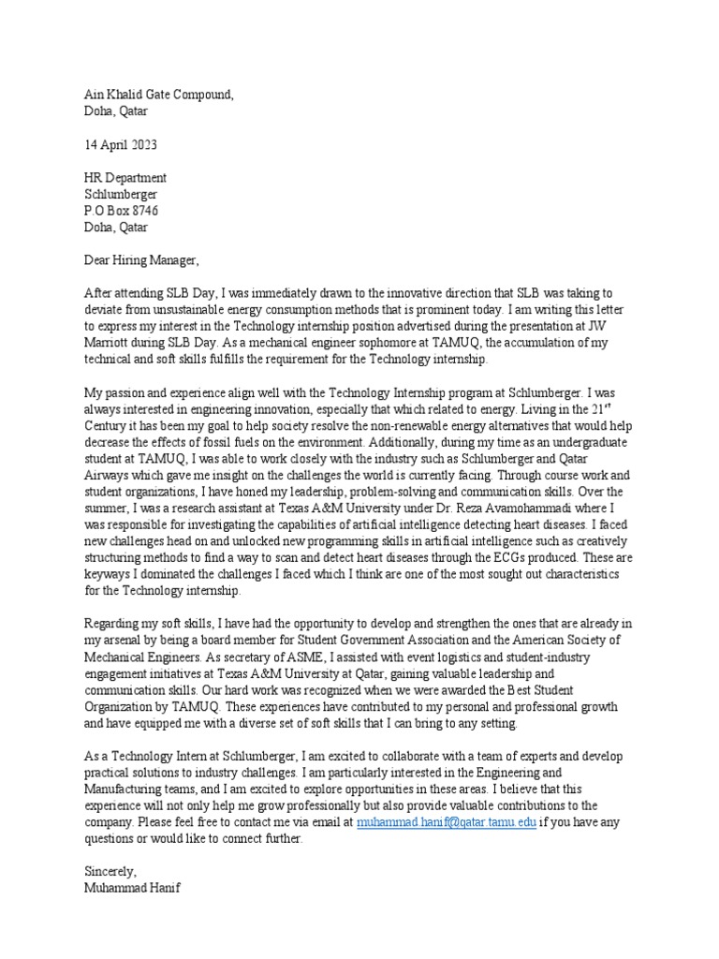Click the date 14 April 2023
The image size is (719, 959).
(121, 145)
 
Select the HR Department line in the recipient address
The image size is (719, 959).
(125, 178)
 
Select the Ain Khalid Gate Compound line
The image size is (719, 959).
(158, 95)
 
